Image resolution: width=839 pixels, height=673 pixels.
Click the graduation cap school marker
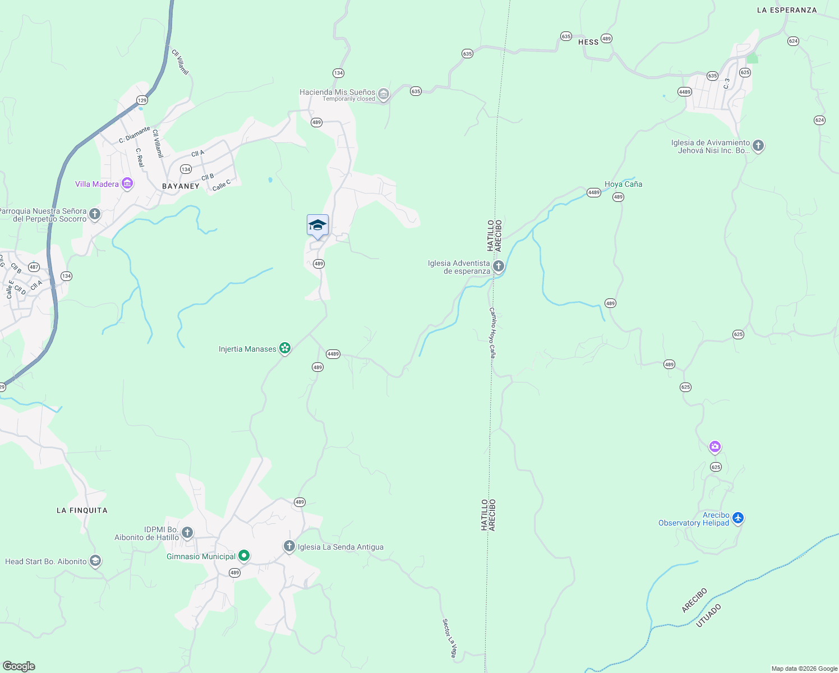click(317, 225)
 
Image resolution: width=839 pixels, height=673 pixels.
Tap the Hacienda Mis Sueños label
click(337, 93)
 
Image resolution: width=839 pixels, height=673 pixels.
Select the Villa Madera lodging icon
click(127, 183)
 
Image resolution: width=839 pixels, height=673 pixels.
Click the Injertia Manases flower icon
click(285, 348)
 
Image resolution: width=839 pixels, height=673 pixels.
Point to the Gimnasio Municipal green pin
click(244, 556)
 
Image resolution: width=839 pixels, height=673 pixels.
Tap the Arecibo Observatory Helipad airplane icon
click(737, 518)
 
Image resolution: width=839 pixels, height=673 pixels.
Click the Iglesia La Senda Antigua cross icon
click(289, 546)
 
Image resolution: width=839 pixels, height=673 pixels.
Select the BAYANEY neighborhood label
click(181, 186)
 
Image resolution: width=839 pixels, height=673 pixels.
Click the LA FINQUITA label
click(82, 510)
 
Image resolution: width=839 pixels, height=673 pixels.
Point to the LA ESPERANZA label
click(787, 10)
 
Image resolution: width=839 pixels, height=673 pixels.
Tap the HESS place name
click(588, 42)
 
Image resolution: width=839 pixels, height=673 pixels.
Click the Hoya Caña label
click(623, 184)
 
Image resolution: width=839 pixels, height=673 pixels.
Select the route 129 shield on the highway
click(142, 100)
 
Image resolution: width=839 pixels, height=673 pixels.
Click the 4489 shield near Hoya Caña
click(594, 192)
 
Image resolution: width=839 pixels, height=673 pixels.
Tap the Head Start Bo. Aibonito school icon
click(95, 561)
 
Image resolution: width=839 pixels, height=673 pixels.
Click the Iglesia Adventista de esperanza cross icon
click(498, 266)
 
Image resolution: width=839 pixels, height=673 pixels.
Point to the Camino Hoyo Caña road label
click(492, 333)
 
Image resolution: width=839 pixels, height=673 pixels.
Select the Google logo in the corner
click(19, 666)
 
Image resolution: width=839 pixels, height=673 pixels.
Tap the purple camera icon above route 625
click(714, 447)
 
